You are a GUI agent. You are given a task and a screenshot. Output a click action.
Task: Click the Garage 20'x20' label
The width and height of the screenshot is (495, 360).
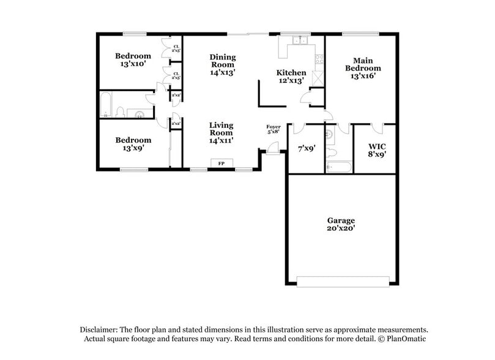341,224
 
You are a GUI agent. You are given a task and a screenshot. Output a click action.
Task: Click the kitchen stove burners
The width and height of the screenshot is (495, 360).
318,59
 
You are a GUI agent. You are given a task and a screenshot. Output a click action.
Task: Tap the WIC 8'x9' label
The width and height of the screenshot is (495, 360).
376,150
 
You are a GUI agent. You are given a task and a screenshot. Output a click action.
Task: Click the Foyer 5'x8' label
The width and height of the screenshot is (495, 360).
273,129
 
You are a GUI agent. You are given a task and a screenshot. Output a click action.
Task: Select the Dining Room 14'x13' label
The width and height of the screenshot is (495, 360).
223,64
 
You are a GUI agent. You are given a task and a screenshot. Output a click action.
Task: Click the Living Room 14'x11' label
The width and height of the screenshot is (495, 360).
221,132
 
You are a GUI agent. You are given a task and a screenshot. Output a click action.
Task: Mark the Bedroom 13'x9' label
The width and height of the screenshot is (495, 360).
133,143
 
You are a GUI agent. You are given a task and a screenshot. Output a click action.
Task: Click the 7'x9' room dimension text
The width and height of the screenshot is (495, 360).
306,148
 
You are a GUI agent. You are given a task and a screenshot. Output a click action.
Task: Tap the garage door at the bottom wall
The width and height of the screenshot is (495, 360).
343,281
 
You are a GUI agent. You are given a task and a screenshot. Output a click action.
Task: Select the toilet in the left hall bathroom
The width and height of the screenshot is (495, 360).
121,112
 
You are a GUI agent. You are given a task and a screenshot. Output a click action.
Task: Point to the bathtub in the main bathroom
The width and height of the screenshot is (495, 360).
338,167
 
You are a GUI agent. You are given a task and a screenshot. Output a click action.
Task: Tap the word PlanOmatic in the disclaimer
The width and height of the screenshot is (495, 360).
405,339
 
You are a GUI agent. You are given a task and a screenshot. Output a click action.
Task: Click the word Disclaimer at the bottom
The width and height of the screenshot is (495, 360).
97,329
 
